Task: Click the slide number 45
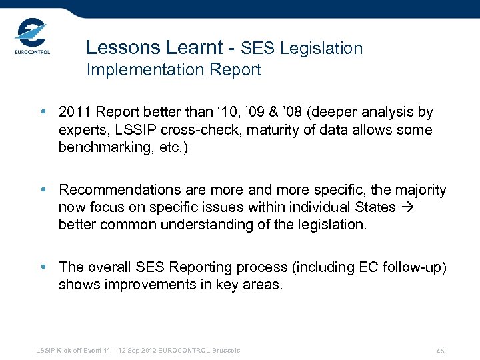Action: click(x=440, y=351)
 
